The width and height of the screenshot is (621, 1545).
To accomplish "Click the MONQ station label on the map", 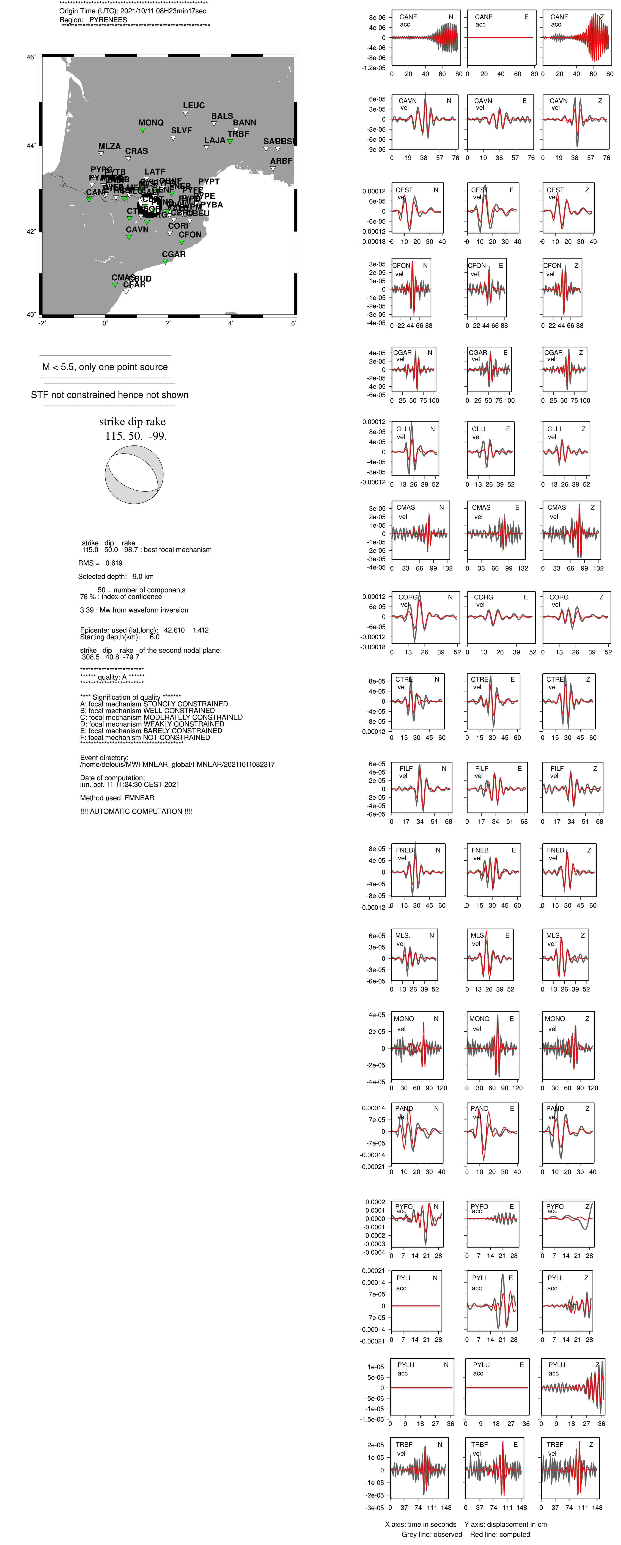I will (x=151, y=122).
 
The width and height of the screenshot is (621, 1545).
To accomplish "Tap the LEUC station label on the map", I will (x=194, y=105).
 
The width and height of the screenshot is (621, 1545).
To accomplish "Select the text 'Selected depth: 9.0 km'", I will (x=116, y=576).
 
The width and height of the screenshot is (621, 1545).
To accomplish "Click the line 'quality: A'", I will (x=112, y=677).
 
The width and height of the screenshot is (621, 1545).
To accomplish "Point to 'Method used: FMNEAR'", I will (x=117, y=798).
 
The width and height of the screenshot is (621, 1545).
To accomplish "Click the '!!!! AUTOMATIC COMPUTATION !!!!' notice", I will (x=136, y=811).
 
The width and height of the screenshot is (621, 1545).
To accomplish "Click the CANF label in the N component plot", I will (x=408, y=17).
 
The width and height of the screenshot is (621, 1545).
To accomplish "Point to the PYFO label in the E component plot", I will (x=479, y=1207).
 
